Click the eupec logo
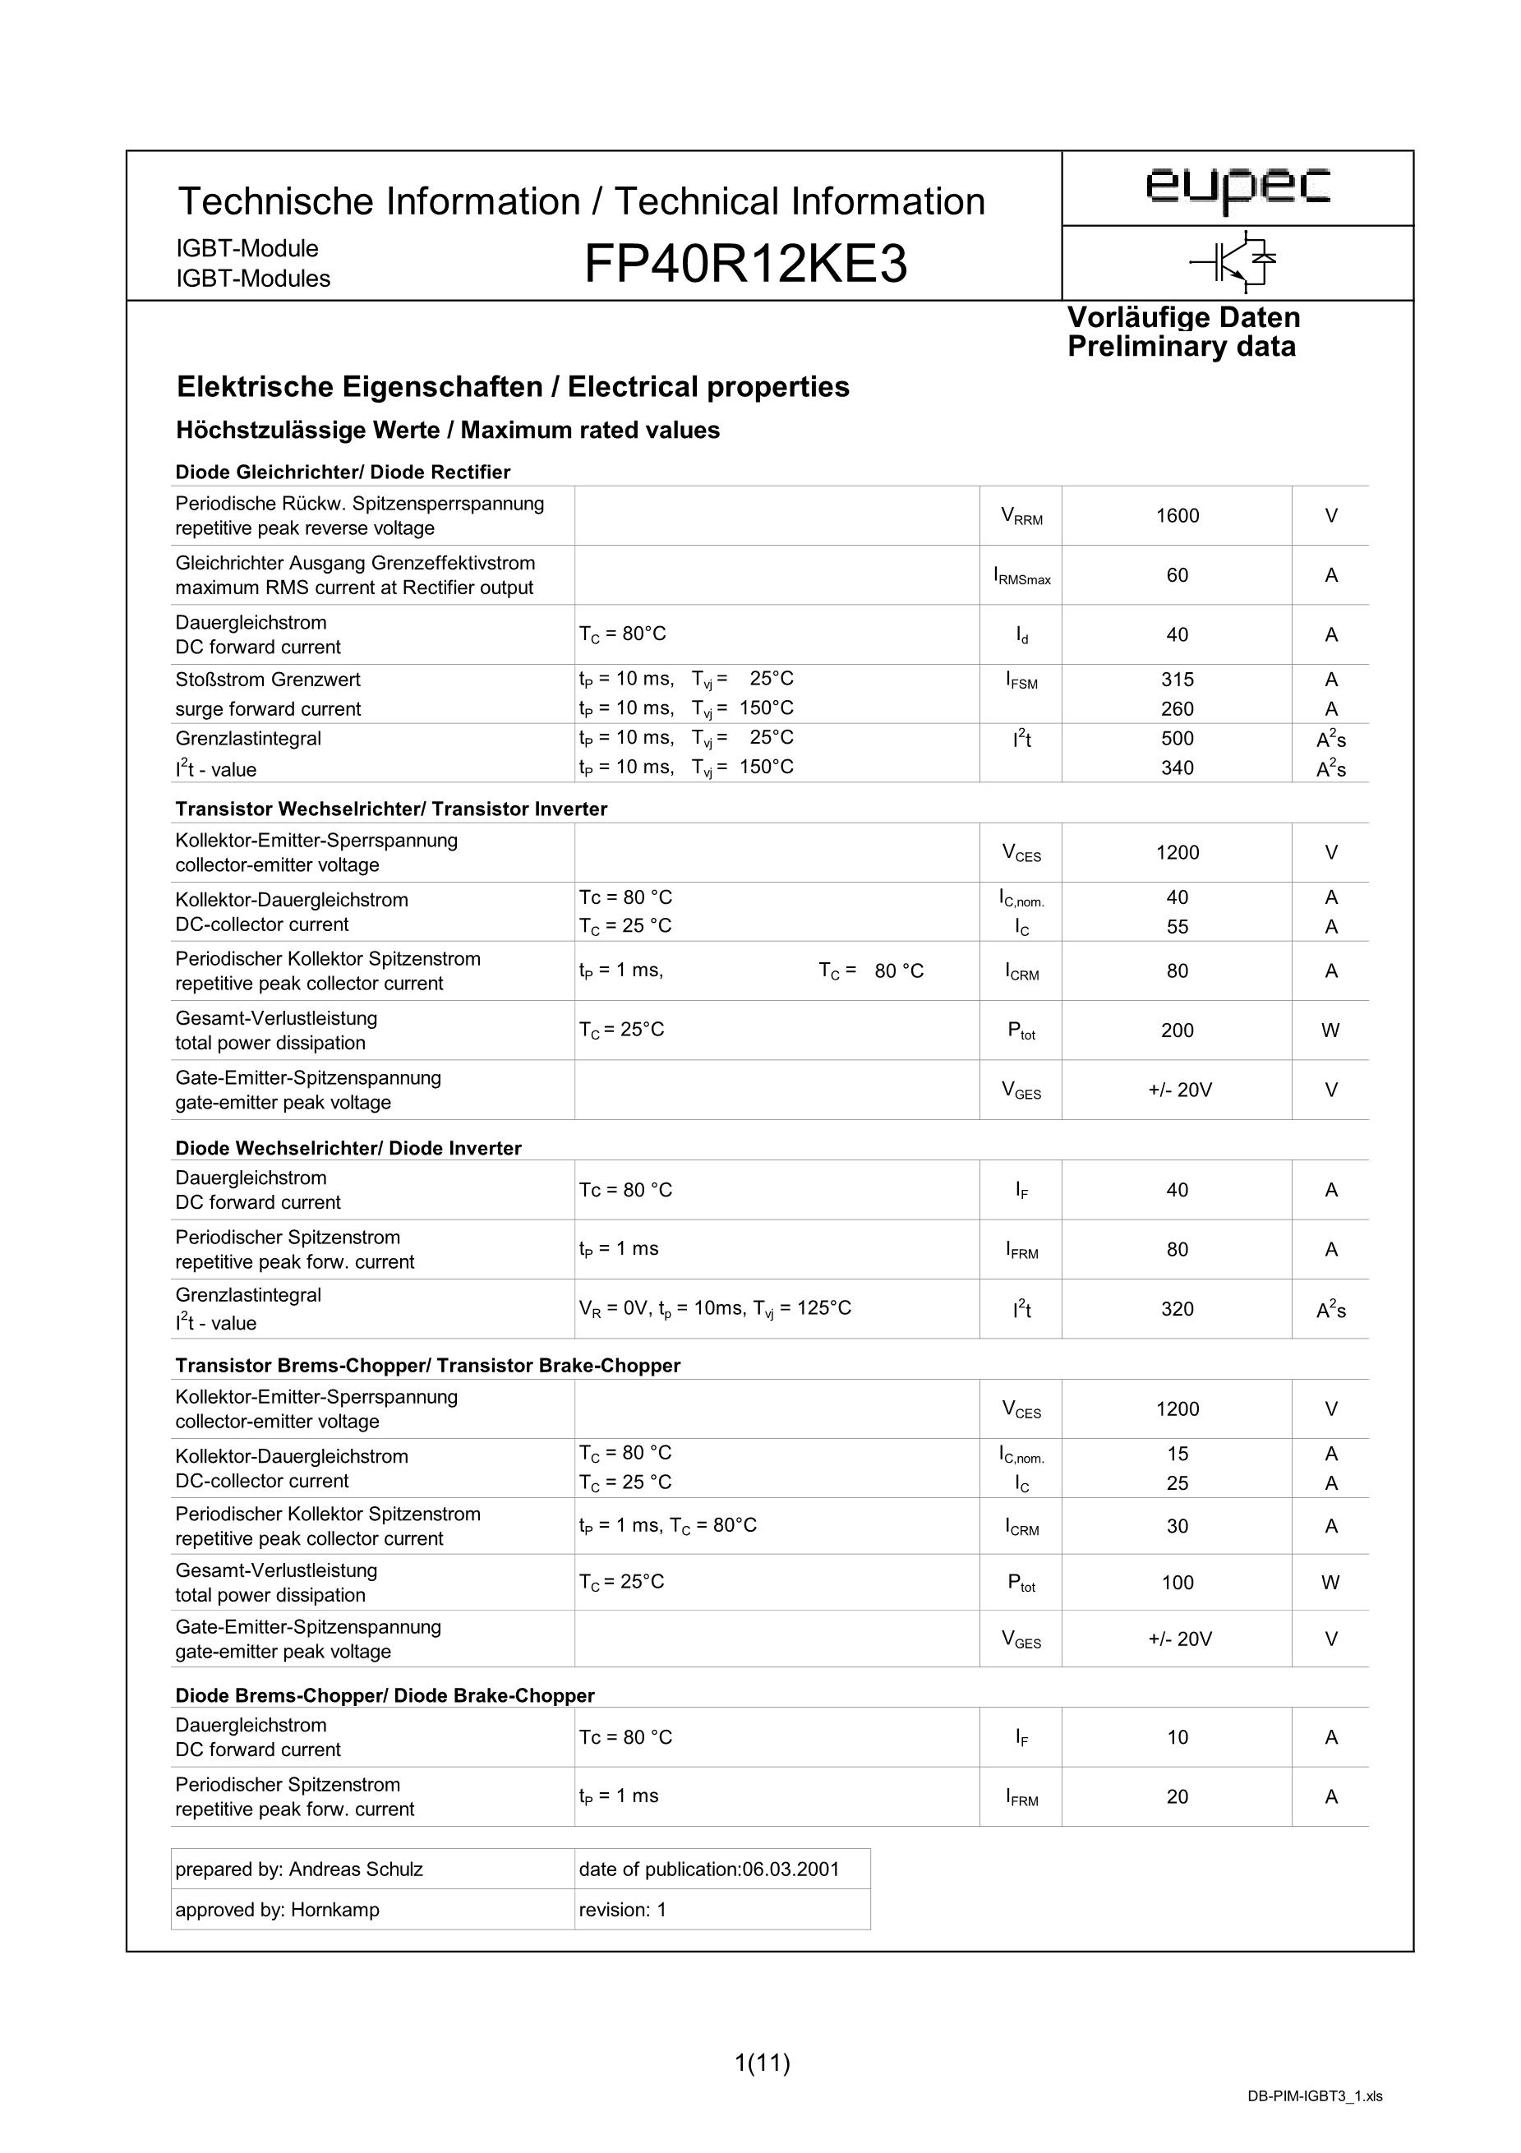[x=1237, y=187]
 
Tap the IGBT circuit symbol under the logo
[x=1234, y=263]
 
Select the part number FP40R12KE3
[x=745, y=265]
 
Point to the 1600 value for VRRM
[x=1177, y=516]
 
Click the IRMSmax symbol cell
[x=1021, y=577]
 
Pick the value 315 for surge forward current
[x=1177, y=680]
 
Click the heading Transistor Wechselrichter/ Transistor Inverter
[x=391, y=809]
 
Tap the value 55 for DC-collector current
[x=1177, y=926]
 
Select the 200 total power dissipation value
[x=1177, y=1030]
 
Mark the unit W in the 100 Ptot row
[x=1330, y=1583]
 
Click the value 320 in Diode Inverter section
[x=1177, y=1309]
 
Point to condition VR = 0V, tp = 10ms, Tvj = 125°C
[x=715, y=1308]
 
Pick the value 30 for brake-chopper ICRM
[x=1177, y=1526]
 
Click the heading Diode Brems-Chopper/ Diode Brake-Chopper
[x=385, y=1695]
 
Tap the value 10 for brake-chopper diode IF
[x=1177, y=1737]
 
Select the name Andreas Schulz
[x=356, y=1869]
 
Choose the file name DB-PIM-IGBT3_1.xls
[x=1314, y=2122]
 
